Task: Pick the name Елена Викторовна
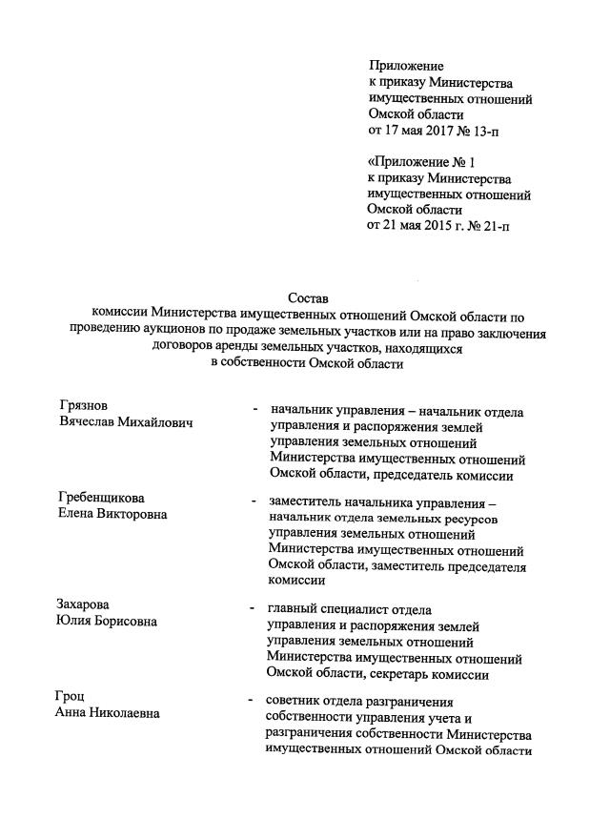[x=112, y=516]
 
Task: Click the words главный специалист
[x=330, y=607]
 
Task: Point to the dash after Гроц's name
[x=250, y=700]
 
